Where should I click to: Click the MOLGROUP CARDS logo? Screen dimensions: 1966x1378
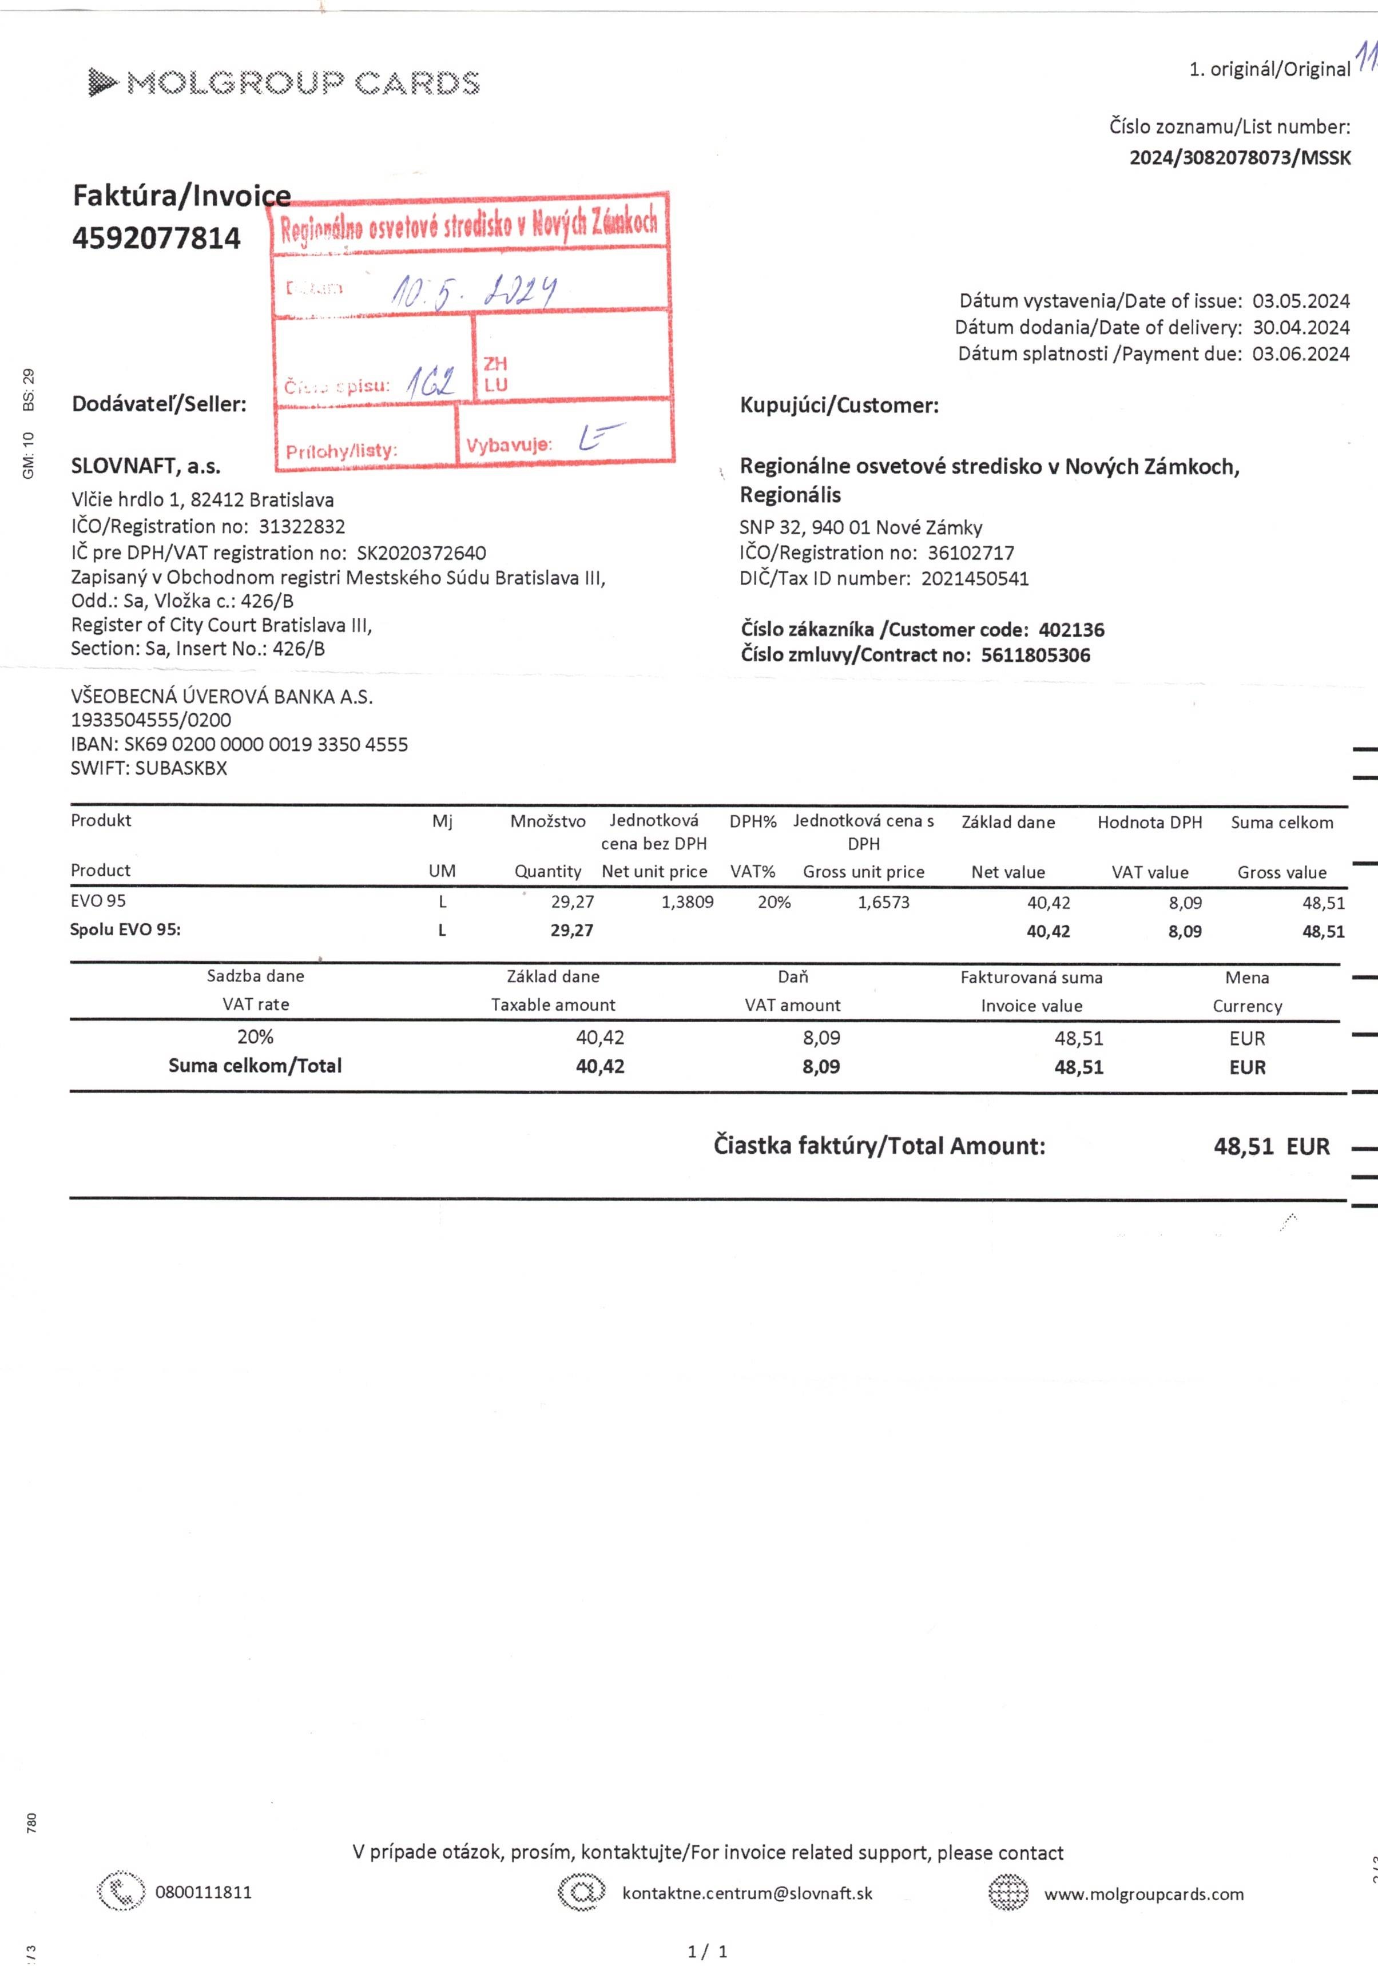click(x=284, y=83)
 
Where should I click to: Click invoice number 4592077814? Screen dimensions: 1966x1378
click(x=157, y=238)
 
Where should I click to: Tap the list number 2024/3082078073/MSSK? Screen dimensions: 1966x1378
click(x=1239, y=157)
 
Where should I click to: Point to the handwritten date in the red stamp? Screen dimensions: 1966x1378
click(x=474, y=291)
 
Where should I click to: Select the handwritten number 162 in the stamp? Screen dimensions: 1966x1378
click(x=430, y=382)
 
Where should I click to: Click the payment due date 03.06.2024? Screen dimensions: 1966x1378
click(x=1300, y=354)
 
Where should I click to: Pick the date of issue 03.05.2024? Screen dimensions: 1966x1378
click(x=1300, y=301)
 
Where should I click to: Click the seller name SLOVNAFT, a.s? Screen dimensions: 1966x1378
click(x=146, y=467)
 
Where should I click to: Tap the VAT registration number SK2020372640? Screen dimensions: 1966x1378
click(x=422, y=553)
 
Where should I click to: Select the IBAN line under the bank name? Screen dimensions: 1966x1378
click(x=239, y=744)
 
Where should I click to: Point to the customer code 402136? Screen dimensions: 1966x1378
click(x=1071, y=630)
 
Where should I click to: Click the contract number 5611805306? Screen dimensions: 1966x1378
click(x=1035, y=656)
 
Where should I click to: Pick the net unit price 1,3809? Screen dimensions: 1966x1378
click(x=687, y=901)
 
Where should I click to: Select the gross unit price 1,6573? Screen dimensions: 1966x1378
click(x=883, y=901)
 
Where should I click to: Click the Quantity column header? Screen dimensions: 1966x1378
click(x=547, y=872)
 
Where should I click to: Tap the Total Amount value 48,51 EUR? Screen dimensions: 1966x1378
click(x=1271, y=1146)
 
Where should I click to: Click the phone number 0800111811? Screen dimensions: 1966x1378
click(x=204, y=1892)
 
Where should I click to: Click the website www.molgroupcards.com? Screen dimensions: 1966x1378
click(x=1143, y=1894)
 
